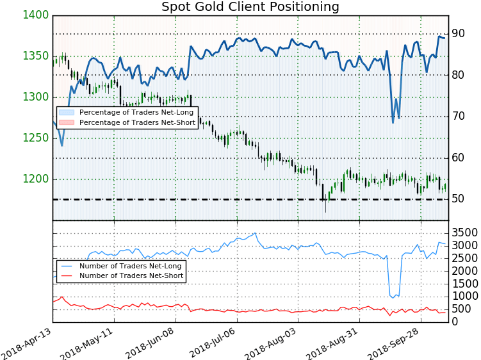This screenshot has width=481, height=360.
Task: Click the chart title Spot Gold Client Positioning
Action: [250, 7]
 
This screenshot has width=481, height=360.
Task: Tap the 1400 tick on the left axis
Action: [37, 15]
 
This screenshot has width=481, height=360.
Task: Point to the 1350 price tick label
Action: [37, 56]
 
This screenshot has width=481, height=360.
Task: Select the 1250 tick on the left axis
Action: [37, 138]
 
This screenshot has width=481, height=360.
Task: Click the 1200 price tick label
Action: [37, 179]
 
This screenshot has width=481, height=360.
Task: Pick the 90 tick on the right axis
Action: [457, 33]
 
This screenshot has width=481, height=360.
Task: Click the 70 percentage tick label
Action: [457, 116]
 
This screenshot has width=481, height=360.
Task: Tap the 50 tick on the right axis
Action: [457, 199]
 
